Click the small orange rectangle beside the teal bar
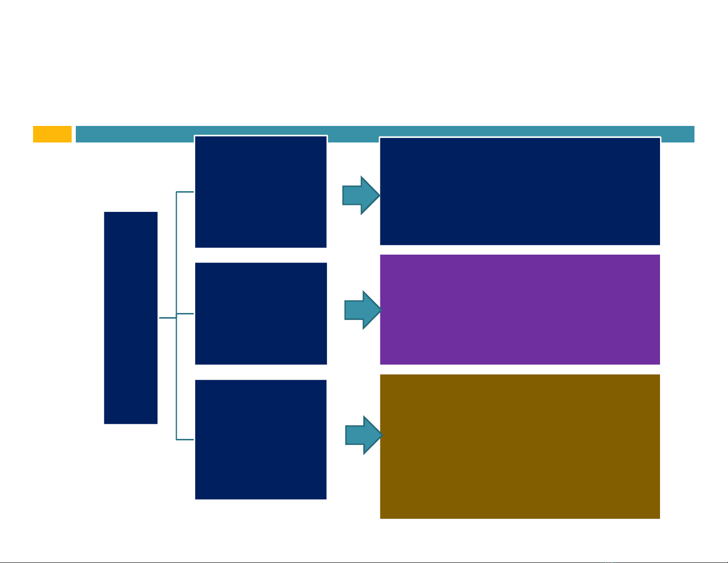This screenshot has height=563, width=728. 52,134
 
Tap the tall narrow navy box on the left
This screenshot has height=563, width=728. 131,318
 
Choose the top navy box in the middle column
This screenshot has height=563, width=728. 261,192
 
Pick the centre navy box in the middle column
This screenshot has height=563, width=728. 261,313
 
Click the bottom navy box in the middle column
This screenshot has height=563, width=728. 261,439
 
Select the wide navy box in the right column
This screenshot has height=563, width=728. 520,191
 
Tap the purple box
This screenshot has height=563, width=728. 520,309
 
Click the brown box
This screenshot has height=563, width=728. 520,446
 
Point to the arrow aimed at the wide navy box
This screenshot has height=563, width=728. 361,195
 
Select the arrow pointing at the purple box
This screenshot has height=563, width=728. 363,310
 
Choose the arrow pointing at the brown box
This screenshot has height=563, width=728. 364,435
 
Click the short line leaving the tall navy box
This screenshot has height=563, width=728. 168,318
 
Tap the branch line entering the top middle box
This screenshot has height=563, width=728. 185,192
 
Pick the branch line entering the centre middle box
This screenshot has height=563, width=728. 186,313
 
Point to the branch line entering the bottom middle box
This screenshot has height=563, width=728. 185,439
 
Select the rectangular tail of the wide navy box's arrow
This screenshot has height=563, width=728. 352,195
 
